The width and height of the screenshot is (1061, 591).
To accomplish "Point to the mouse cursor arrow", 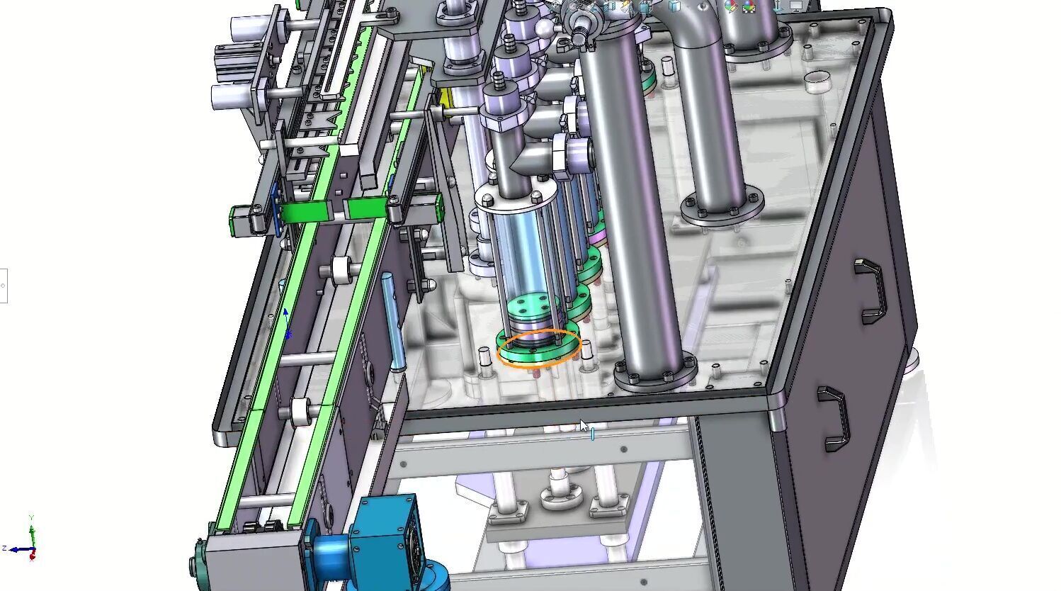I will point(584,425).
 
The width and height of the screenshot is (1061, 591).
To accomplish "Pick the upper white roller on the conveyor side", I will point(342,269).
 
